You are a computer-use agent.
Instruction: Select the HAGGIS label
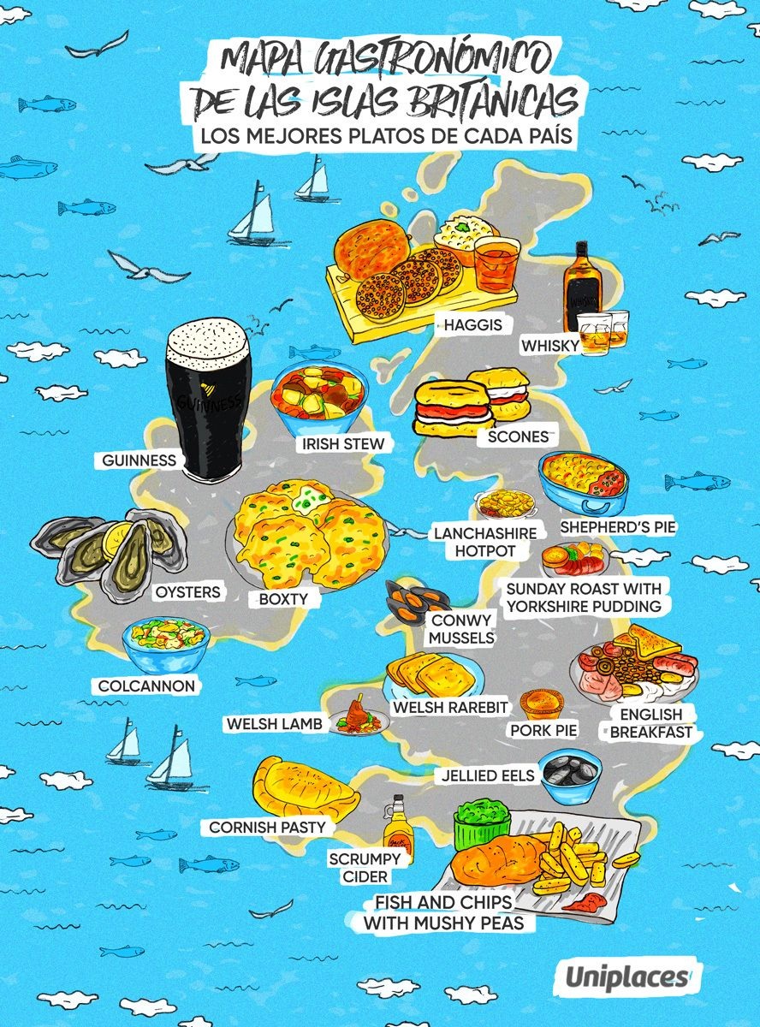coord(467,325)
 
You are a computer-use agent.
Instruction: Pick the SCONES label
coord(517,436)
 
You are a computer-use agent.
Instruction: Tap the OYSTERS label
coord(187,591)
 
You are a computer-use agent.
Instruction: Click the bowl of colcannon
coord(166,644)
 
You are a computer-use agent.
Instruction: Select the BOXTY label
coord(282,599)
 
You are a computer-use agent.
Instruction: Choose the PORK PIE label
coord(543,730)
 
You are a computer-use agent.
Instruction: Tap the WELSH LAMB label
coord(274,724)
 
